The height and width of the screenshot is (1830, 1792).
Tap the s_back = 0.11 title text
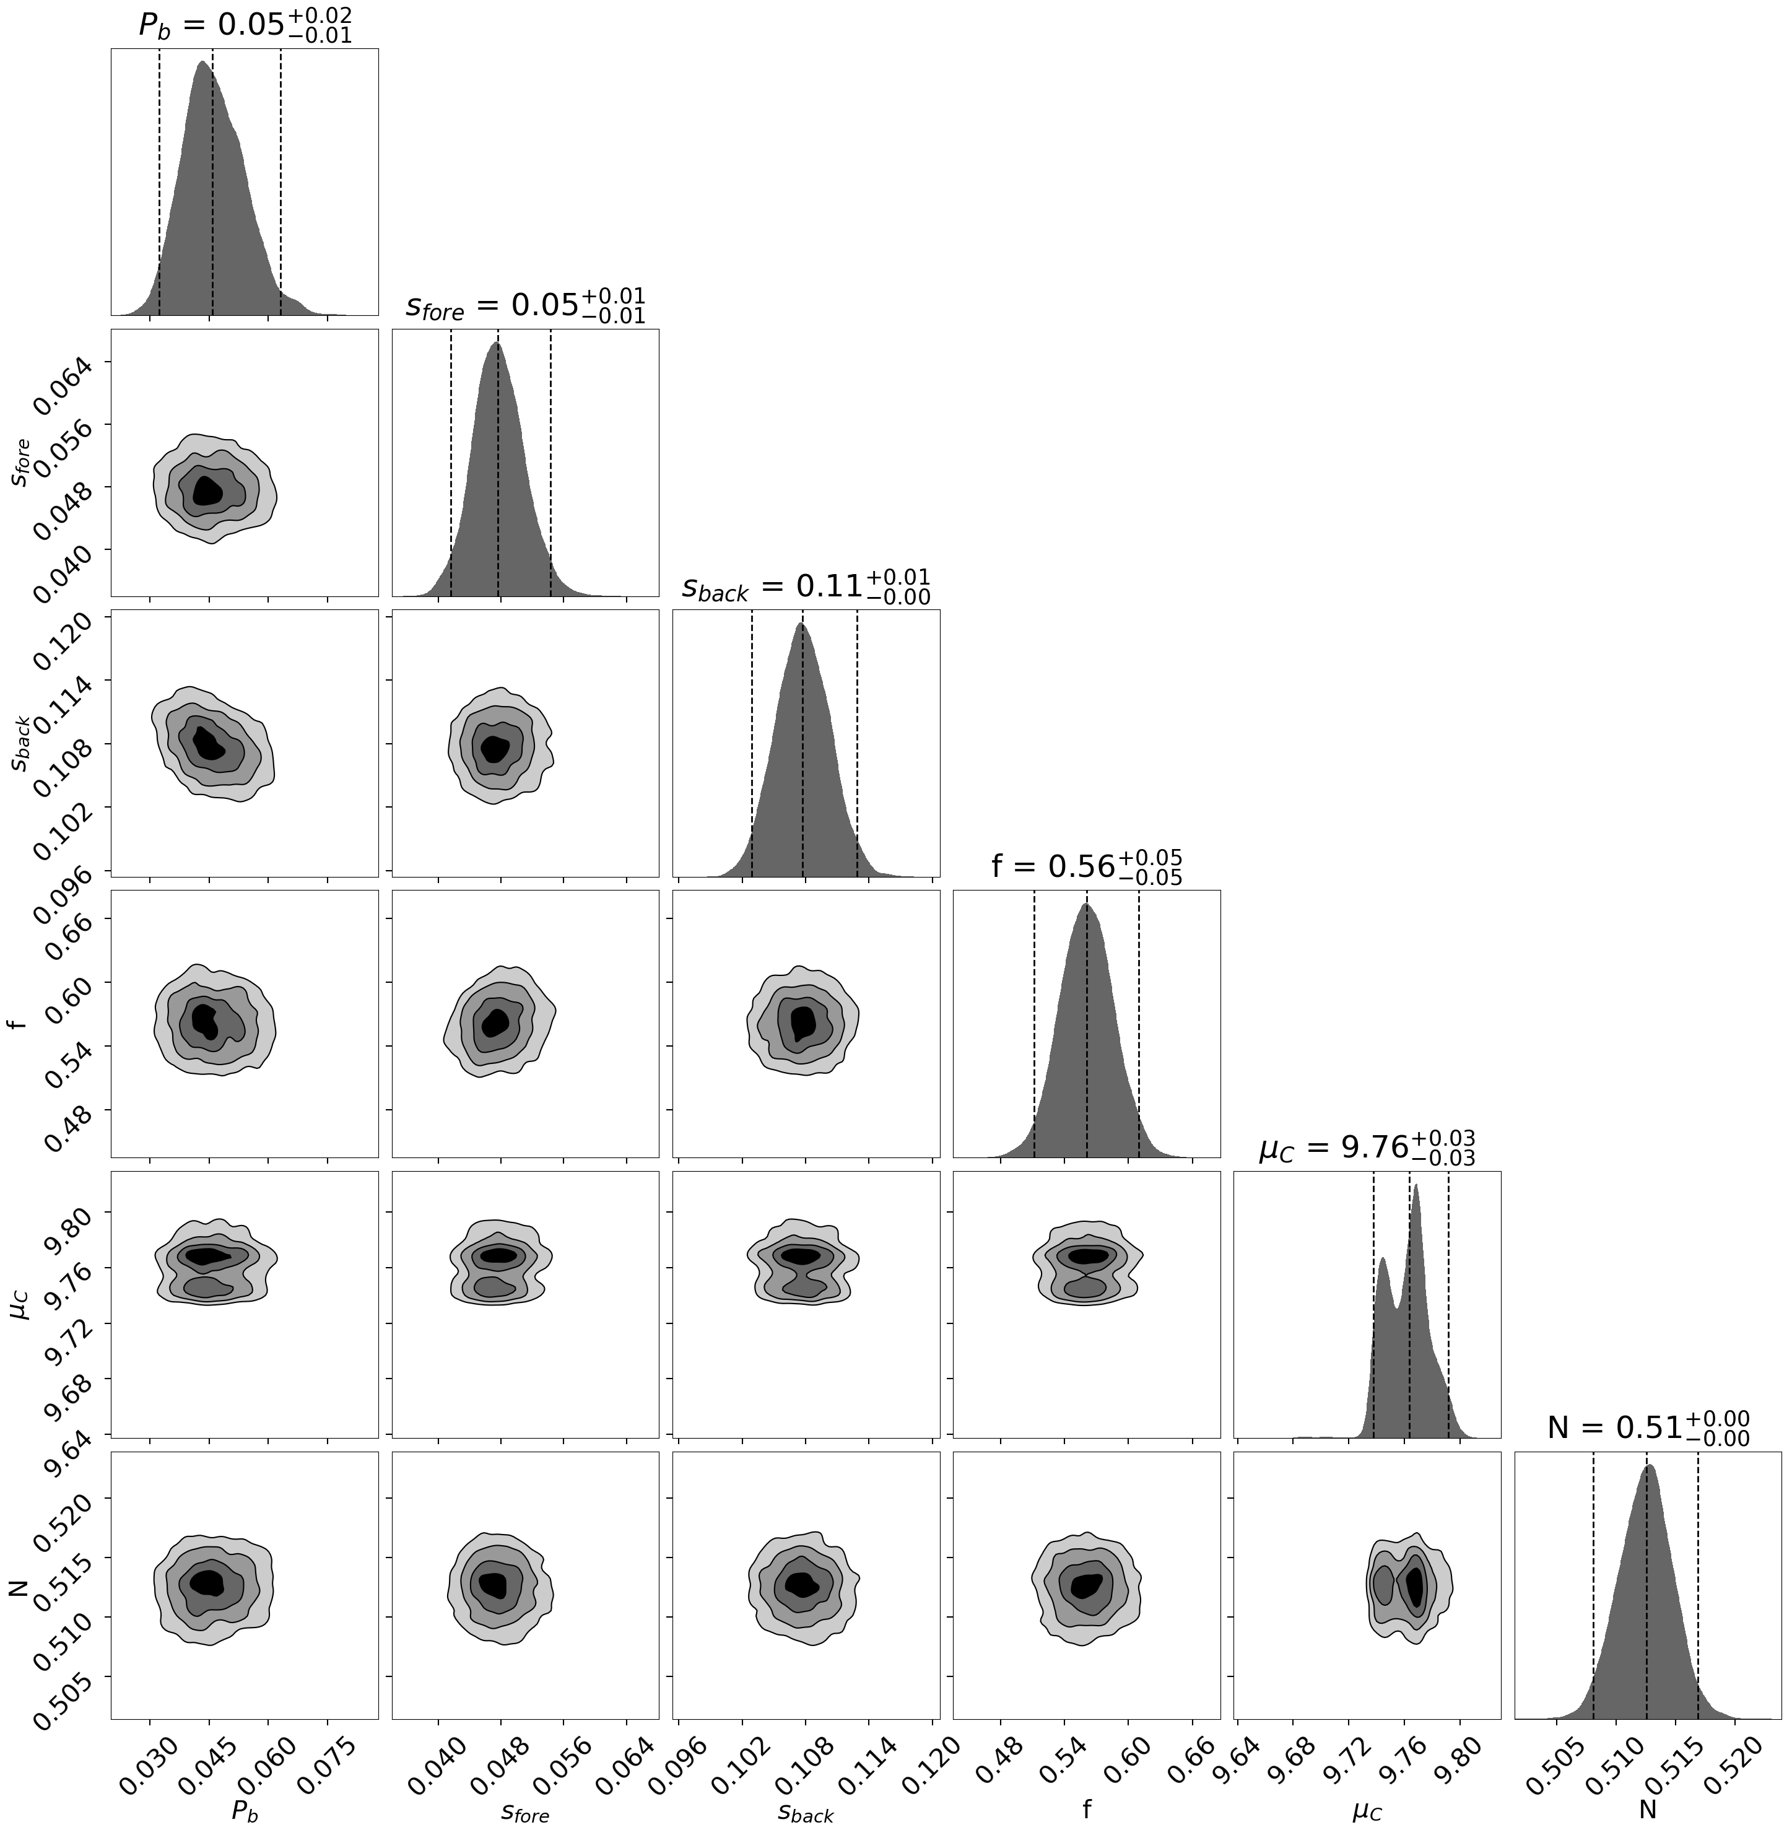(806, 586)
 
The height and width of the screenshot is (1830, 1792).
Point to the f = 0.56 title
(1086, 866)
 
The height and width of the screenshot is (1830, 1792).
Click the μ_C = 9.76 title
(1367, 1148)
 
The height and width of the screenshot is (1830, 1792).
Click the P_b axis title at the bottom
(245, 1810)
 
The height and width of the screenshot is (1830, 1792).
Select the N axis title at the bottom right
(1647, 1810)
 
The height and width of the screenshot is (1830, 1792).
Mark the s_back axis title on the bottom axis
(806, 1810)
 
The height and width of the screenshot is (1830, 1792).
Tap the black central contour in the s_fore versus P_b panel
(208, 490)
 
